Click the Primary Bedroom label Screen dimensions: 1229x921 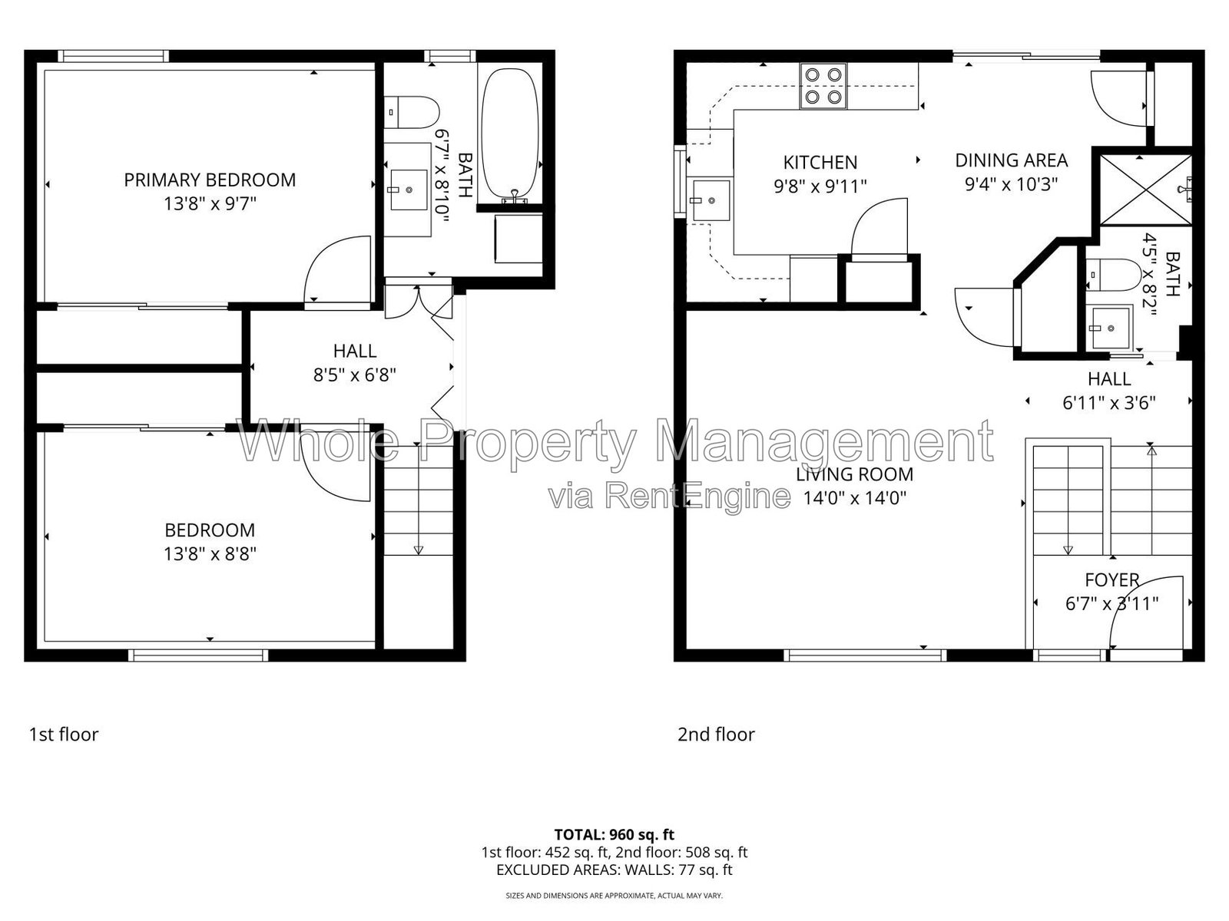210,180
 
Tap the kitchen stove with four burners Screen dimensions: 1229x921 823,86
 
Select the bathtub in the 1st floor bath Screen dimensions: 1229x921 510,135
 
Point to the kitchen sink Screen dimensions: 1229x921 711,200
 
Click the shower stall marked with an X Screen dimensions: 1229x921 1145,190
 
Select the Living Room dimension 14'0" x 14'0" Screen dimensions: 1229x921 854,497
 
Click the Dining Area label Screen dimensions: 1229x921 1011,160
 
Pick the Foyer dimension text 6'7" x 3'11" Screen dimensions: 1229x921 1111,604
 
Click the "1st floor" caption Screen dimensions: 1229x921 63,734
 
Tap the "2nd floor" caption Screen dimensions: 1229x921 716,734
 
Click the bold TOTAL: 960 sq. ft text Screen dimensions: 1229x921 614,835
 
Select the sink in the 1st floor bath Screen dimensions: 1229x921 408,190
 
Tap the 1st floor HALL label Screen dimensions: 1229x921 354,352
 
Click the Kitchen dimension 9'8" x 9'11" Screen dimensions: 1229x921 820,186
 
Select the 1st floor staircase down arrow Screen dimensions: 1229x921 419,500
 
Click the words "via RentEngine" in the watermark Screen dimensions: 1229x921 669,496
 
